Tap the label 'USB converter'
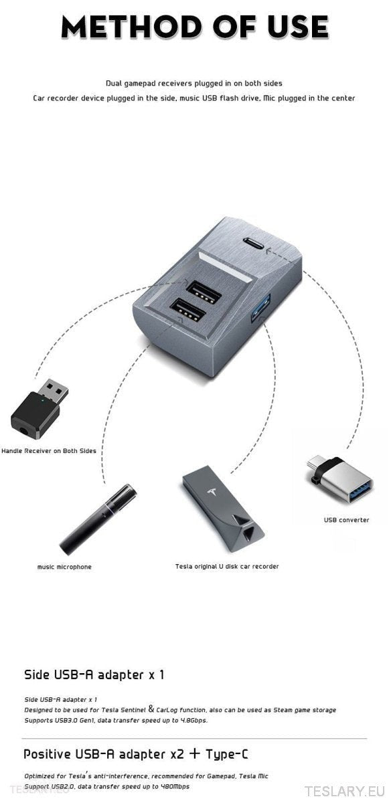click(x=346, y=520)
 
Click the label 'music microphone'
click(x=64, y=567)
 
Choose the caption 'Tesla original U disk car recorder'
click(x=227, y=566)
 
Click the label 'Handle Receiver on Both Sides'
click(x=49, y=451)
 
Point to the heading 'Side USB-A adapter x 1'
click(x=94, y=675)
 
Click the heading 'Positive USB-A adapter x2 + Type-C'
click(x=136, y=754)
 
